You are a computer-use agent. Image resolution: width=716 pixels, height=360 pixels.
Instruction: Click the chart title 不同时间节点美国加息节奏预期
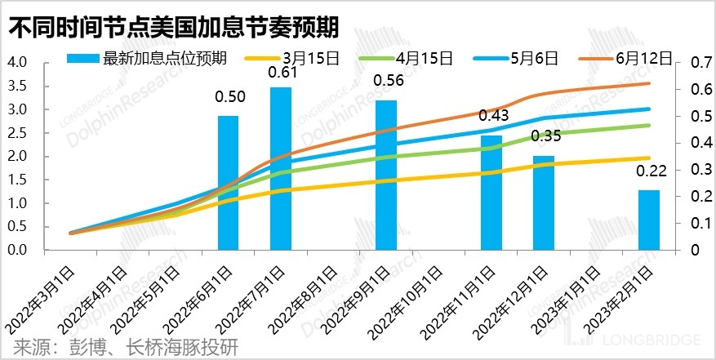(x=173, y=28)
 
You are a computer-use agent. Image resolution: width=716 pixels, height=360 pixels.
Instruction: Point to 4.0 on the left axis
(x=17, y=63)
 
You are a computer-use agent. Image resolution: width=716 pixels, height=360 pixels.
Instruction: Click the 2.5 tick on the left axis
(x=17, y=133)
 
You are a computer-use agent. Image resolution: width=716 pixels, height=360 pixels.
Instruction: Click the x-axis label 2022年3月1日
(x=44, y=298)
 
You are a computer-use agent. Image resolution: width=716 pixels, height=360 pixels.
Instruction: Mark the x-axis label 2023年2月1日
(x=625, y=298)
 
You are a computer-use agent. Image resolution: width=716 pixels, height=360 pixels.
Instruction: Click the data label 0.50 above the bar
(x=229, y=97)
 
